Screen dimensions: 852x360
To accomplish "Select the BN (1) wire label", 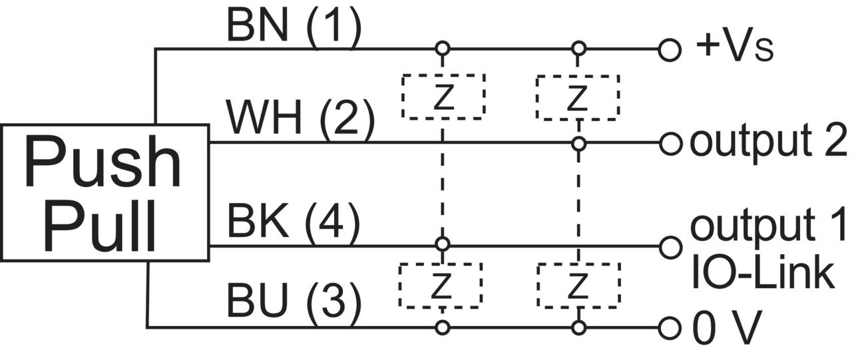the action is click(294, 27).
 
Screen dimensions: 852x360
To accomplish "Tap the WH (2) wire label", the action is click(300, 119).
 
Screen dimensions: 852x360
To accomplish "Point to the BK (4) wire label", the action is click(294, 224).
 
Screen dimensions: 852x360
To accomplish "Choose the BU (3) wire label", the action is click(294, 305).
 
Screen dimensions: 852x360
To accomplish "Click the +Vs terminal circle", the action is click(670, 49).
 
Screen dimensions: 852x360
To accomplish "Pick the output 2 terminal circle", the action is click(670, 144).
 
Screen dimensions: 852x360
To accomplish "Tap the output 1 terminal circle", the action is click(670, 247).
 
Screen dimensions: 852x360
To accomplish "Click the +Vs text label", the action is click(735, 49).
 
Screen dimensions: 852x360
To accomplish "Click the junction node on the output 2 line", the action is click(579, 144).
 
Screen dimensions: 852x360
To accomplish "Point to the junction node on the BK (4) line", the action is click(442, 244).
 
